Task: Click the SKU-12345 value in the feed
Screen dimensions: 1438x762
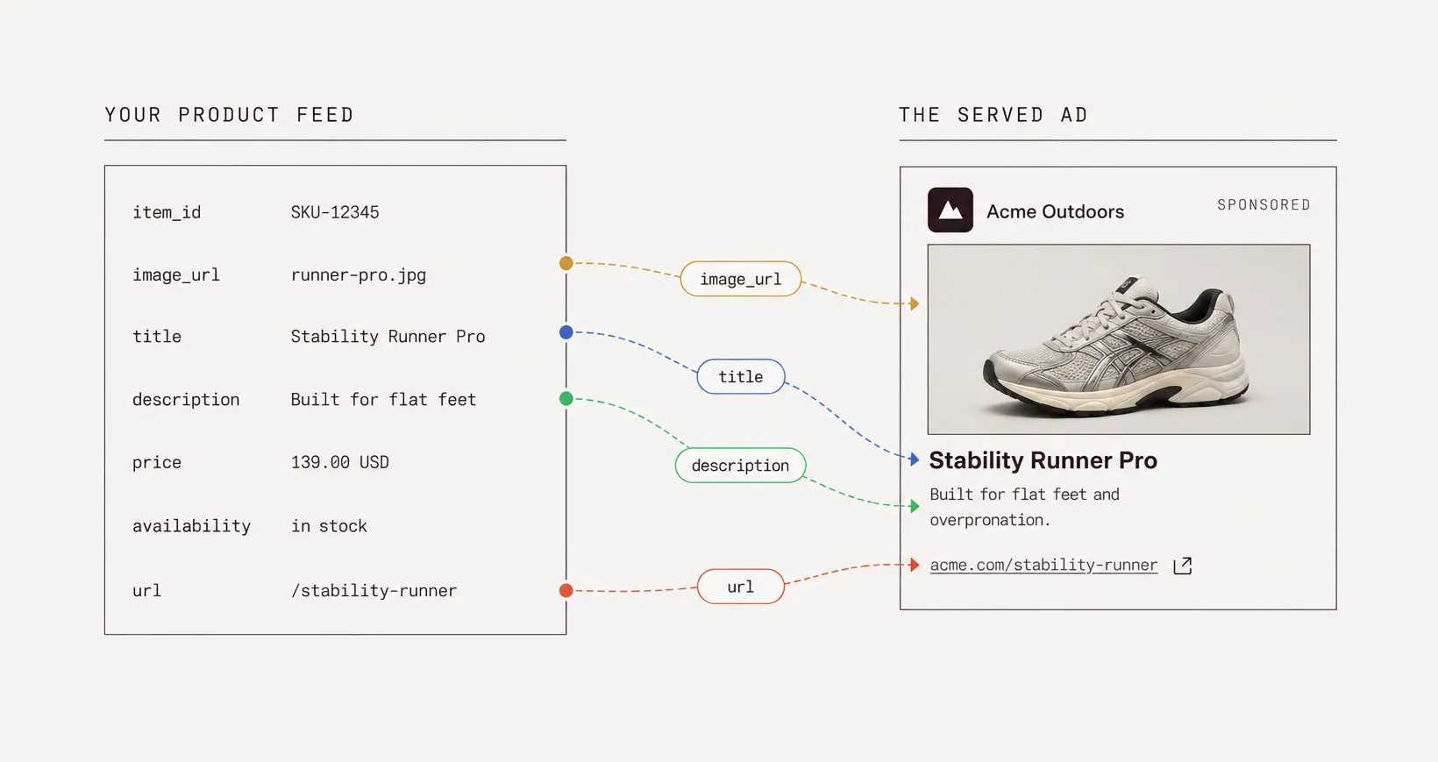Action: pos(334,212)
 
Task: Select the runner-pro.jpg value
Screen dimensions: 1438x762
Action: pos(359,274)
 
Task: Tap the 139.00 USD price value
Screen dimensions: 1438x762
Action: pos(339,462)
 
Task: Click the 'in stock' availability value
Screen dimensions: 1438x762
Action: pos(329,526)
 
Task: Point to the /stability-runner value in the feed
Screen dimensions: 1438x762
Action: pos(374,591)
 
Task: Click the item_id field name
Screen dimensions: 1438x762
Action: pos(167,212)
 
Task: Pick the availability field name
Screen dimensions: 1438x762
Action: pos(191,526)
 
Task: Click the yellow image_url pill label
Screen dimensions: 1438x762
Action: pos(741,279)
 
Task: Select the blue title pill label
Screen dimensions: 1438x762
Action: pos(741,376)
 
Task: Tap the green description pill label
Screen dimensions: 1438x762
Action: pos(740,465)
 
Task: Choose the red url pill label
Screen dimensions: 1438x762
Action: pos(741,586)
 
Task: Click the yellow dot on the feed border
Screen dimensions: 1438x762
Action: pos(566,262)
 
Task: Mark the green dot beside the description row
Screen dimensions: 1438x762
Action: pos(566,399)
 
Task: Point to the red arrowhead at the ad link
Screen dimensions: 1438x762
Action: pos(915,565)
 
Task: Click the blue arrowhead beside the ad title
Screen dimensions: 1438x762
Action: pos(915,459)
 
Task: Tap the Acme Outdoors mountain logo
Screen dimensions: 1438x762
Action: pos(950,210)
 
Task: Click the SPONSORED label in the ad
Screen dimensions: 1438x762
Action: pos(1264,205)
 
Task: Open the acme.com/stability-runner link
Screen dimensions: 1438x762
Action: pos(1043,565)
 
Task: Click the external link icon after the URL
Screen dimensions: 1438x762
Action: pos(1183,565)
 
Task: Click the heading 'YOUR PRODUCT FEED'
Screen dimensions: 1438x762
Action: pos(229,115)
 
